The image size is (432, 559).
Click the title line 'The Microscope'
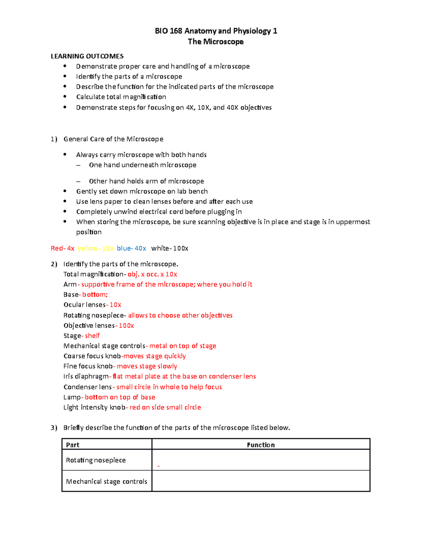pyautogui.click(x=216, y=42)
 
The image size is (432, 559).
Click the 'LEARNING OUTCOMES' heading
pyautogui.click(x=87, y=56)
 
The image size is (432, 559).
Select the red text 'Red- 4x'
pyautogui.click(x=63, y=248)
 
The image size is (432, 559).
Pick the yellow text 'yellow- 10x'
pyautogui.click(x=95, y=248)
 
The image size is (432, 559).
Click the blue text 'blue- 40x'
pyautogui.click(x=131, y=248)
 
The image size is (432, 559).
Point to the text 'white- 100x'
pyautogui.click(x=170, y=248)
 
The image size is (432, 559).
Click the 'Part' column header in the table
pyautogui.click(x=73, y=445)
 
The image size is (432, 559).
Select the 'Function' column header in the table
pyautogui.click(x=261, y=445)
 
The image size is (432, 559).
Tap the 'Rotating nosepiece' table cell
pyautogui.click(x=96, y=460)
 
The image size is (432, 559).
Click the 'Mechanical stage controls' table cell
pyautogui.click(x=107, y=482)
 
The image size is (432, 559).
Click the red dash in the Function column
pyautogui.click(x=158, y=466)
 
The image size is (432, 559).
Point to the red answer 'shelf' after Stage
pyautogui.click(x=92, y=336)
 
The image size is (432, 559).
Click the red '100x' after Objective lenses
pyautogui.click(x=126, y=326)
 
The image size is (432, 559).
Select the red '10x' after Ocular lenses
pyautogui.click(x=116, y=305)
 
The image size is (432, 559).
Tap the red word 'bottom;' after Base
pyautogui.click(x=95, y=295)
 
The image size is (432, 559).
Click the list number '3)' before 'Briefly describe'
pyautogui.click(x=54, y=428)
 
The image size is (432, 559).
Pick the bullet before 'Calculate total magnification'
pyautogui.click(x=65, y=97)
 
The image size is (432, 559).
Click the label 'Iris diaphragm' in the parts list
pyautogui.click(x=86, y=377)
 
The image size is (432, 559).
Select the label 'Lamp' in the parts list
pyautogui.click(x=72, y=397)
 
